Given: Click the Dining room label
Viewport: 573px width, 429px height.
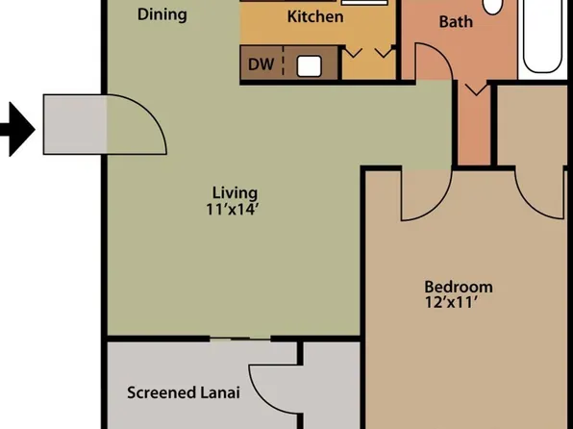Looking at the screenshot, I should tap(162, 14).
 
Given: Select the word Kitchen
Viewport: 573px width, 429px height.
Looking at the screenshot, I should tap(315, 16).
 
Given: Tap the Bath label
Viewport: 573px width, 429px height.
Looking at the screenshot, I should tap(456, 21).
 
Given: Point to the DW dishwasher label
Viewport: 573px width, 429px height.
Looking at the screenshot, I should tap(260, 65).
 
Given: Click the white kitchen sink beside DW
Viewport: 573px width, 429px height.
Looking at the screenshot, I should tap(310, 65).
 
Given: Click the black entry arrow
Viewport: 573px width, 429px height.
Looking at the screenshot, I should tap(16, 129).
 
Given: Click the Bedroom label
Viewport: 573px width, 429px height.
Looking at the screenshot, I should tap(459, 287).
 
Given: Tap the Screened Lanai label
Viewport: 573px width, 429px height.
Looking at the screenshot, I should tap(183, 392).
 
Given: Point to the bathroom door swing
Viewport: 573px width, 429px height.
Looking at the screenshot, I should tap(433, 67).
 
